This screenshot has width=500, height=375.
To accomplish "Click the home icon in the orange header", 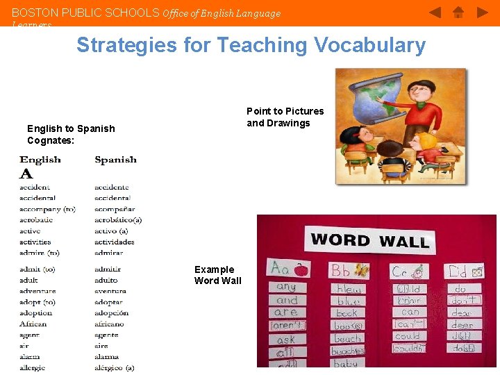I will pyautogui.click(x=458, y=12).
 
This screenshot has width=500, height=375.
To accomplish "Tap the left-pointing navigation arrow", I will pyautogui.click(x=435, y=12).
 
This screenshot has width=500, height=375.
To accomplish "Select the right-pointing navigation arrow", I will pyautogui.click(x=482, y=12).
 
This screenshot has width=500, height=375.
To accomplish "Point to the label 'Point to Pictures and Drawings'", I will pyautogui.click(x=285, y=117).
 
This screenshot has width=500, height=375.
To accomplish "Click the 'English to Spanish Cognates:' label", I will pyautogui.click(x=71, y=134).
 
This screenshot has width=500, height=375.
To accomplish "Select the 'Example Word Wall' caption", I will pyautogui.click(x=218, y=275).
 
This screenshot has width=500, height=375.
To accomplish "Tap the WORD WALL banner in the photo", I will pyautogui.click(x=369, y=241).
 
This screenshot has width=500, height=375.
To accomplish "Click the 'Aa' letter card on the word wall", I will pyautogui.click(x=288, y=268).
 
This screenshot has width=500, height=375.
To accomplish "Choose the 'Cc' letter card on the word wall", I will pyautogui.click(x=408, y=272).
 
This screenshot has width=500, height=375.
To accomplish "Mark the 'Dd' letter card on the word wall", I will pyautogui.click(x=465, y=271).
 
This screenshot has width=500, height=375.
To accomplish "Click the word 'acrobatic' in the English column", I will pyautogui.click(x=36, y=220).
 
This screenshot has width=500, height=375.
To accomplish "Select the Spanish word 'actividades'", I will pyautogui.click(x=114, y=242).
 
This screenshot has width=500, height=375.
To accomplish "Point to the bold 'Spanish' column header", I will pyautogui.click(x=115, y=160).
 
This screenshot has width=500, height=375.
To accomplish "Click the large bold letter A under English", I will pyautogui.click(x=26, y=174).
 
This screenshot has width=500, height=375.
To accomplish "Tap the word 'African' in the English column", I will pyautogui.click(x=33, y=324).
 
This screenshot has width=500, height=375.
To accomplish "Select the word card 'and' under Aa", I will pyautogui.click(x=287, y=301).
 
